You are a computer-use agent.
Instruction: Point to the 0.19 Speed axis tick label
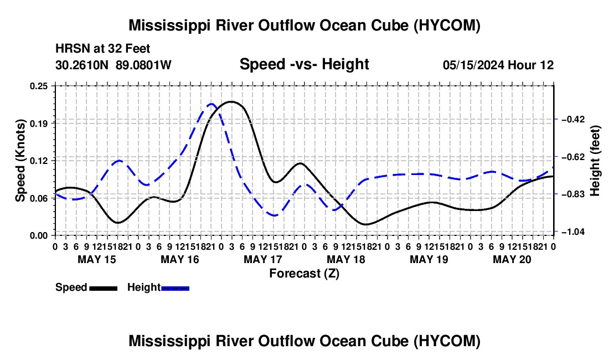tap(38, 124)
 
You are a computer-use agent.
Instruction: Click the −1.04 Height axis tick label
tap(573, 232)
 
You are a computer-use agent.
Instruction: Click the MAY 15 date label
tap(97, 259)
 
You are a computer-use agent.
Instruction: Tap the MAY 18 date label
tap(346, 259)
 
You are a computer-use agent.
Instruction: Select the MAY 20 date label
tap(512, 259)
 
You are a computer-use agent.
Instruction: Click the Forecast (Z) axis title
tap(304, 274)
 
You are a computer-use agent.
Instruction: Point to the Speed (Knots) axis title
tap(20, 161)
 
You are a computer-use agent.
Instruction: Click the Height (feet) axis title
tap(595, 161)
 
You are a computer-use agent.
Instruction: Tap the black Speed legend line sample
tap(104, 289)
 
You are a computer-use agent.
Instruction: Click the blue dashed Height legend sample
tap(175, 289)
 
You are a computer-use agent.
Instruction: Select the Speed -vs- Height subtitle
tap(304, 64)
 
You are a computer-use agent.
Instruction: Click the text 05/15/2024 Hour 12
tap(498, 65)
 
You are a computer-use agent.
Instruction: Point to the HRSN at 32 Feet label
tap(102, 49)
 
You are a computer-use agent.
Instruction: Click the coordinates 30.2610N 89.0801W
tap(113, 65)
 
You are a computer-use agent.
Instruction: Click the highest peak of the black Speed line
tap(232, 102)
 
